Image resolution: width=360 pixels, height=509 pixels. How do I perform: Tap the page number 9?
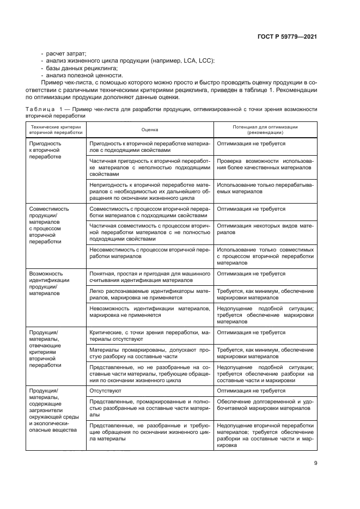pos(315,463)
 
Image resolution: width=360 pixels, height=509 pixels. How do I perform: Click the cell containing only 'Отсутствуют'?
pos(105,390)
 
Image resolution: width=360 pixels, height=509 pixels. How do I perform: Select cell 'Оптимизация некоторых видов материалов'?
pos(265,228)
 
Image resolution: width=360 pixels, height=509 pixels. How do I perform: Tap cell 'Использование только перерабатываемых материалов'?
pos(265,188)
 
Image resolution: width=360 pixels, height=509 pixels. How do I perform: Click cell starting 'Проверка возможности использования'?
pos(265,164)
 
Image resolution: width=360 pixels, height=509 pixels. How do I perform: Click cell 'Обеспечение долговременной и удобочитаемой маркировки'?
pos(265,404)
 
